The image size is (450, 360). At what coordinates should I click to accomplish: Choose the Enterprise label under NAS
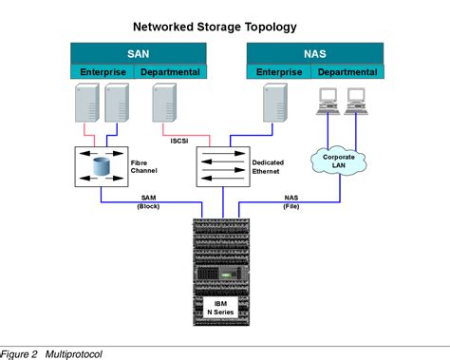pos(278,72)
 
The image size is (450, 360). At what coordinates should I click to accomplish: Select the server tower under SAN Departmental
pos(164,104)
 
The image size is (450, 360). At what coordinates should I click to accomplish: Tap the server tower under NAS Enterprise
pos(274,104)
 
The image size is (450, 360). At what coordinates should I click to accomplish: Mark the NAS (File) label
pos(291,201)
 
